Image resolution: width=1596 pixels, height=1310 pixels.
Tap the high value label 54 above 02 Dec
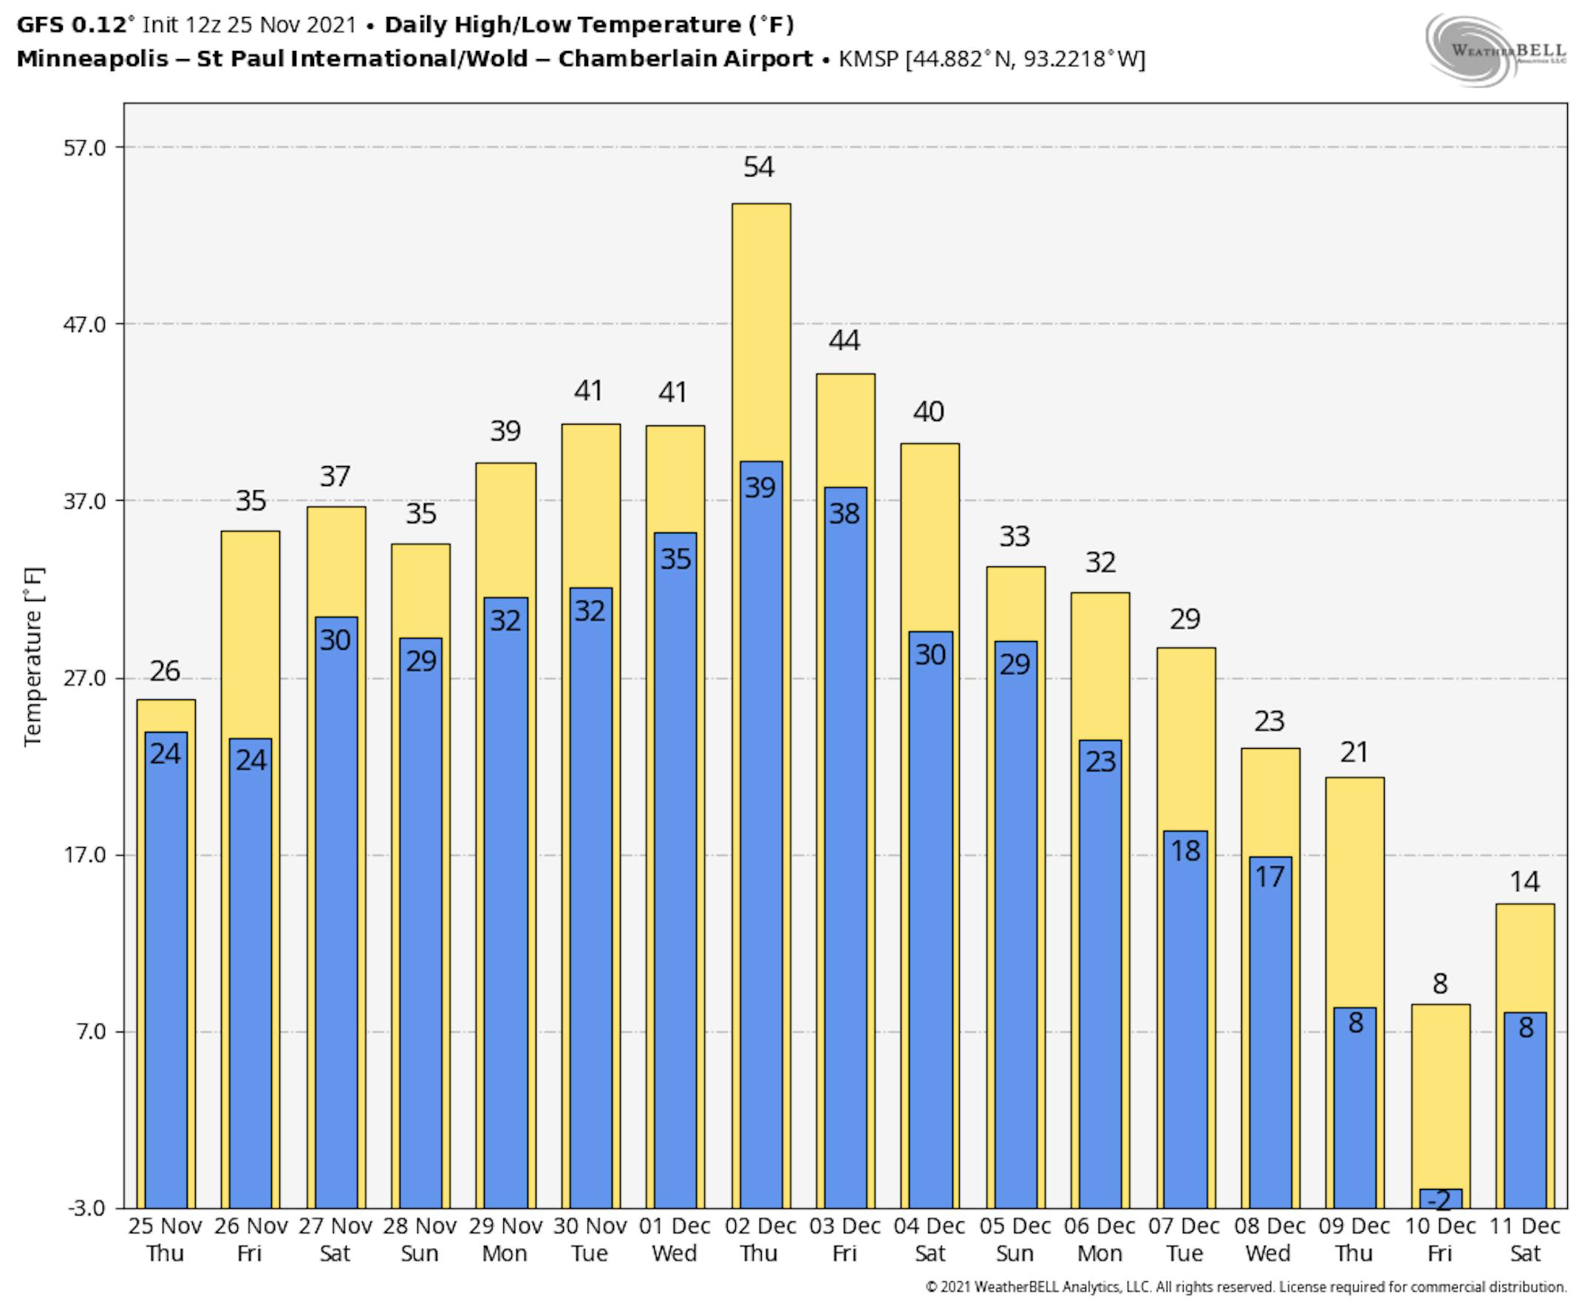pyautogui.click(x=759, y=167)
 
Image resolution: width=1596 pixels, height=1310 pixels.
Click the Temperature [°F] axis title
pyautogui.click(x=33, y=656)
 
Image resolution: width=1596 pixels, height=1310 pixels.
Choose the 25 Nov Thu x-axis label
pyautogui.click(x=165, y=1239)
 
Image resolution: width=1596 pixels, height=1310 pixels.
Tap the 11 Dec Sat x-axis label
pyautogui.click(x=1524, y=1239)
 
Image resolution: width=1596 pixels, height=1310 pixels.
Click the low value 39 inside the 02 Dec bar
pyautogui.click(x=760, y=487)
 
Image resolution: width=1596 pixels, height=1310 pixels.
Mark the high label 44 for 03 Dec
pyautogui.click(x=844, y=340)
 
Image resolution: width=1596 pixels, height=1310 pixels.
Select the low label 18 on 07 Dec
pyautogui.click(x=1184, y=851)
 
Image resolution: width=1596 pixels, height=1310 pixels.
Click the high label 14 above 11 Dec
pyautogui.click(x=1524, y=881)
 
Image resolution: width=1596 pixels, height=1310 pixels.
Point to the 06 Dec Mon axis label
pyautogui.click(x=1099, y=1239)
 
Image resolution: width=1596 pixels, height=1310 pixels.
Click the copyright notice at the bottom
pyautogui.click(x=1246, y=1286)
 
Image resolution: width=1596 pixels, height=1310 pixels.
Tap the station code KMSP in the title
pyautogui.click(x=867, y=59)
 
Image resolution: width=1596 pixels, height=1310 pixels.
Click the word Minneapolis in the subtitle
pyautogui.click(x=92, y=59)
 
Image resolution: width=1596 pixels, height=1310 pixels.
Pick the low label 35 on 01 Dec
pyautogui.click(x=675, y=559)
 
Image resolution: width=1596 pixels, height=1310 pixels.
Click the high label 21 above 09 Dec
pyautogui.click(x=1354, y=752)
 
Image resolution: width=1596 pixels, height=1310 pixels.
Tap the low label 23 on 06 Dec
pyautogui.click(x=1100, y=761)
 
